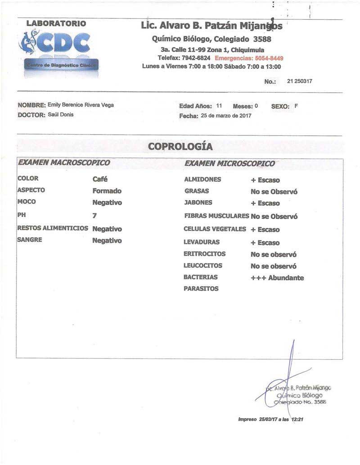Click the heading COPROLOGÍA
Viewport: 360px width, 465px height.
(x=180, y=147)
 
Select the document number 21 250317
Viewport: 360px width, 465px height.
(x=300, y=81)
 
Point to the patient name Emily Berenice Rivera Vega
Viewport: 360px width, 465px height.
(x=81, y=105)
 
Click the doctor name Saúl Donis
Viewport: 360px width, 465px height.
(x=61, y=115)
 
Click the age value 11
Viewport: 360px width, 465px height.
(x=219, y=106)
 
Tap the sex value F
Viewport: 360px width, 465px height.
(x=296, y=106)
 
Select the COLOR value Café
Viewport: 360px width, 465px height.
(x=100, y=179)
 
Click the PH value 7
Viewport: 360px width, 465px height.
(x=94, y=216)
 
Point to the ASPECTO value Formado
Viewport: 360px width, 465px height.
(x=107, y=191)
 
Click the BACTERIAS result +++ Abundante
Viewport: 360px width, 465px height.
(x=277, y=278)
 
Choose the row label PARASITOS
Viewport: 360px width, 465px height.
(x=201, y=289)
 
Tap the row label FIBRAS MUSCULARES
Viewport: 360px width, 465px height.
(x=216, y=216)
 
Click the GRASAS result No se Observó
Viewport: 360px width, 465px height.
(x=274, y=191)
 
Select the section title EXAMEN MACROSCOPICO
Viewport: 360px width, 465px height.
(x=63, y=163)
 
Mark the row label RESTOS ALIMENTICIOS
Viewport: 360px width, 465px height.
(x=53, y=228)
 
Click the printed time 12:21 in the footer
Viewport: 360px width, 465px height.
(x=297, y=419)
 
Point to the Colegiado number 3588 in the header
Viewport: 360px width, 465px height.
(x=262, y=39)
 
